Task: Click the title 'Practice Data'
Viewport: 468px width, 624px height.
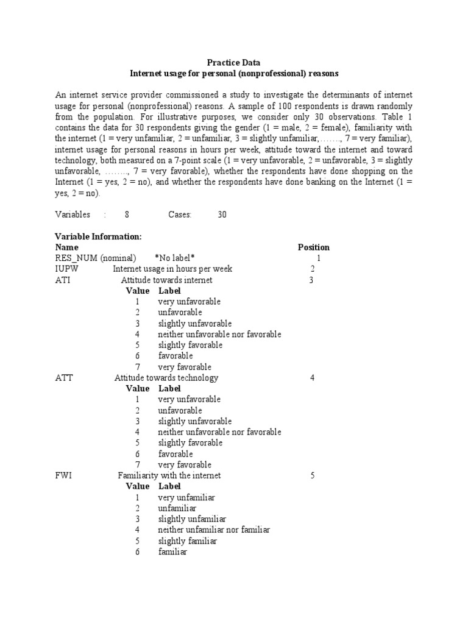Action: point(235,62)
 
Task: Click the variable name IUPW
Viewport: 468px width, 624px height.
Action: point(67,269)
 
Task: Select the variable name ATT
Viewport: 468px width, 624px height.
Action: point(64,378)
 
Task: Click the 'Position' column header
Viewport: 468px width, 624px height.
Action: point(313,247)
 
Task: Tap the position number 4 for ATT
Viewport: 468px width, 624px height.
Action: point(312,378)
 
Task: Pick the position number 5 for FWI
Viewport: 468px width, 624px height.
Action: point(312,475)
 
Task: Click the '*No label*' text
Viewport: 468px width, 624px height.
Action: point(175,258)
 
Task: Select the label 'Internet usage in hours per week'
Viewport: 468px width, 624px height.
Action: point(172,269)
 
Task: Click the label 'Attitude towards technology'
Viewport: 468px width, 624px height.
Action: point(166,378)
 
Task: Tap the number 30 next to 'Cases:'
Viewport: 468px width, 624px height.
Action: point(222,214)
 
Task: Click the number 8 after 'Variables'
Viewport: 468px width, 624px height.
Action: point(127,214)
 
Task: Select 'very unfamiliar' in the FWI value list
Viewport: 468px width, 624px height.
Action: point(186,497)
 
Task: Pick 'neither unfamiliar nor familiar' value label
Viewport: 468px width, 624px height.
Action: point(214,530)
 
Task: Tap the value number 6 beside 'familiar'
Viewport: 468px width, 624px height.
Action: point(138,552)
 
